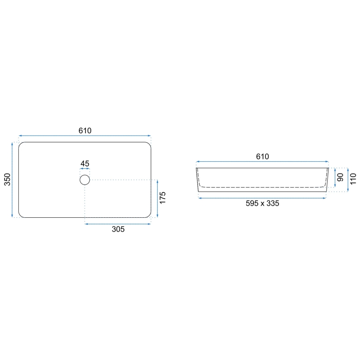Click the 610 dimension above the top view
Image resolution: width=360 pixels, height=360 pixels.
coord(85,130)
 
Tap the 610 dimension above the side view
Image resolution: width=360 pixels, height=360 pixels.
coord(263,156)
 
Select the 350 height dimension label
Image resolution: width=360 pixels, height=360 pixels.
coord(7,180)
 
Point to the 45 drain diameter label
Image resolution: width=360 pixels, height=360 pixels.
coord(85,163)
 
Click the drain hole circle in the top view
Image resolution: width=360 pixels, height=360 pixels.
coord(85,180)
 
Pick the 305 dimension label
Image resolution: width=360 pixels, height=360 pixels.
coord(118,229)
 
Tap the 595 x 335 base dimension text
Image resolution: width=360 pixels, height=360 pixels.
coord(262,203)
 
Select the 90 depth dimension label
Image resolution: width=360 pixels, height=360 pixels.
coord(340,178)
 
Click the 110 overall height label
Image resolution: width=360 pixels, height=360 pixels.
coord(353,179)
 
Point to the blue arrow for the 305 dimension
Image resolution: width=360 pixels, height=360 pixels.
coord(118,224)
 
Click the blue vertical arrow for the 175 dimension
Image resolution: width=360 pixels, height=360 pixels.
coord(158,199)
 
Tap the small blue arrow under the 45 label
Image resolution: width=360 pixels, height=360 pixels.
coord(85,169)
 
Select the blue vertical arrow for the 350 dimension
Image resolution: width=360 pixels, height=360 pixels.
coord(12,180)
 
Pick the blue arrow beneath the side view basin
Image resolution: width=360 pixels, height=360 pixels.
coord(262,198)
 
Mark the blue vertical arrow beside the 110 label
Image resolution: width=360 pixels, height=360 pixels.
coord(348,180)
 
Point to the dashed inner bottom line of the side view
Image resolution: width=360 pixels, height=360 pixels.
coord(262,187)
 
